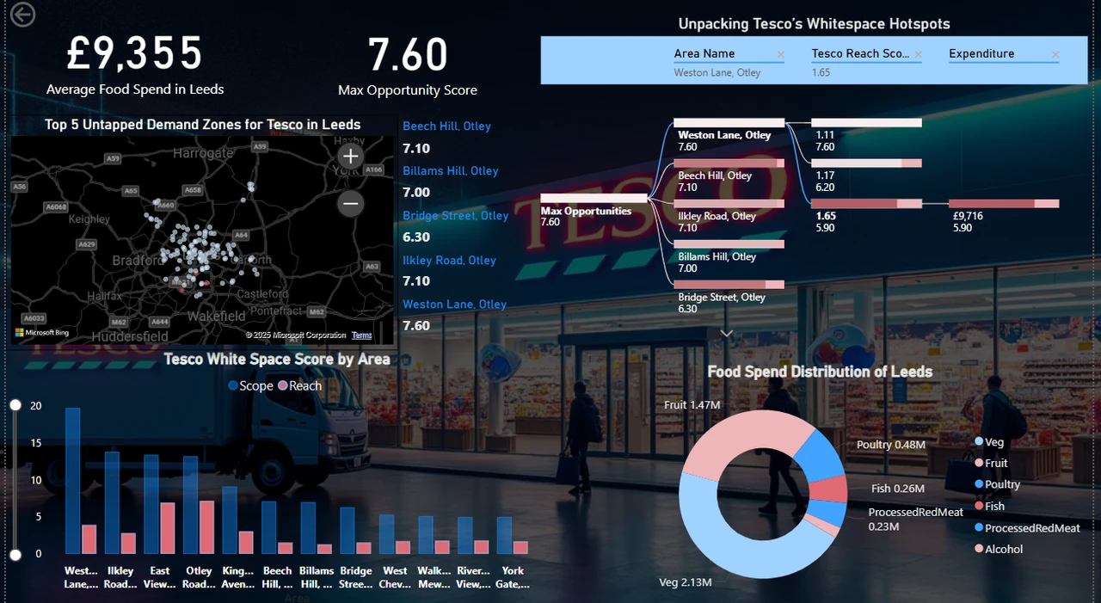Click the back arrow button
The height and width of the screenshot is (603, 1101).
pos(22,15)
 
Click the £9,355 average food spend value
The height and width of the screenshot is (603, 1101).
pos(135,53)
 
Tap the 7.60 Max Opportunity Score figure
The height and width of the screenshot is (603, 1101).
pos(408,55)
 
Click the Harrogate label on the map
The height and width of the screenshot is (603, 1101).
pos(202,153)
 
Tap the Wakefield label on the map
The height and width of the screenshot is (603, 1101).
pos(217,316)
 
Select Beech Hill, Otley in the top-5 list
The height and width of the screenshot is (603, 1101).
pos(446,126)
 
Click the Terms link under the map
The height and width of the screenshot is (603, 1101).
pos(361,335)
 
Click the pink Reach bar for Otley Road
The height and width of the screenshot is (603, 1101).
pos(206,527)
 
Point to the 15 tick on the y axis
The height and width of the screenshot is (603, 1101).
pos(35,443)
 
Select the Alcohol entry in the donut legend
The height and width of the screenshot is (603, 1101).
pos(1003,549)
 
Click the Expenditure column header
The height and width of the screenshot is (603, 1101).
pos(981,53)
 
